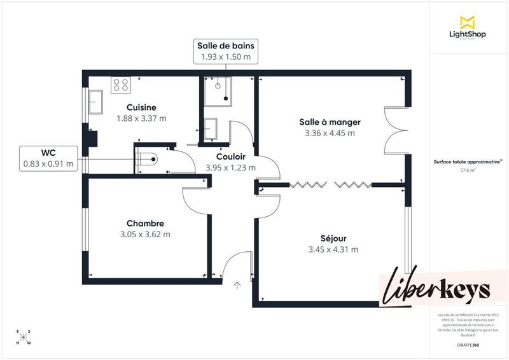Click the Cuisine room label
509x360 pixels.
tap(141, 107)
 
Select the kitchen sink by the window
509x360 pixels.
tap(97, 101)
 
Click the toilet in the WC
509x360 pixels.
tap(146, 159)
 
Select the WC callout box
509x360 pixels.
tap(48, 158)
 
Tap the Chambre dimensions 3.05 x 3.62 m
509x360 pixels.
tap(145, 234)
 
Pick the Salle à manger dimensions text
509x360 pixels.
tap(330, 133)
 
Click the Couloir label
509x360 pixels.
tap(230, 156)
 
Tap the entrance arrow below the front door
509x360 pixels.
tap(237, 285)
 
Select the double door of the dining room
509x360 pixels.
tap(395, 130)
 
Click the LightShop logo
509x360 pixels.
tap(468, 27)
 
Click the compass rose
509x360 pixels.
tap(24, 338)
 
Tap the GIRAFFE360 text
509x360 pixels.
tap(468, 343)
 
